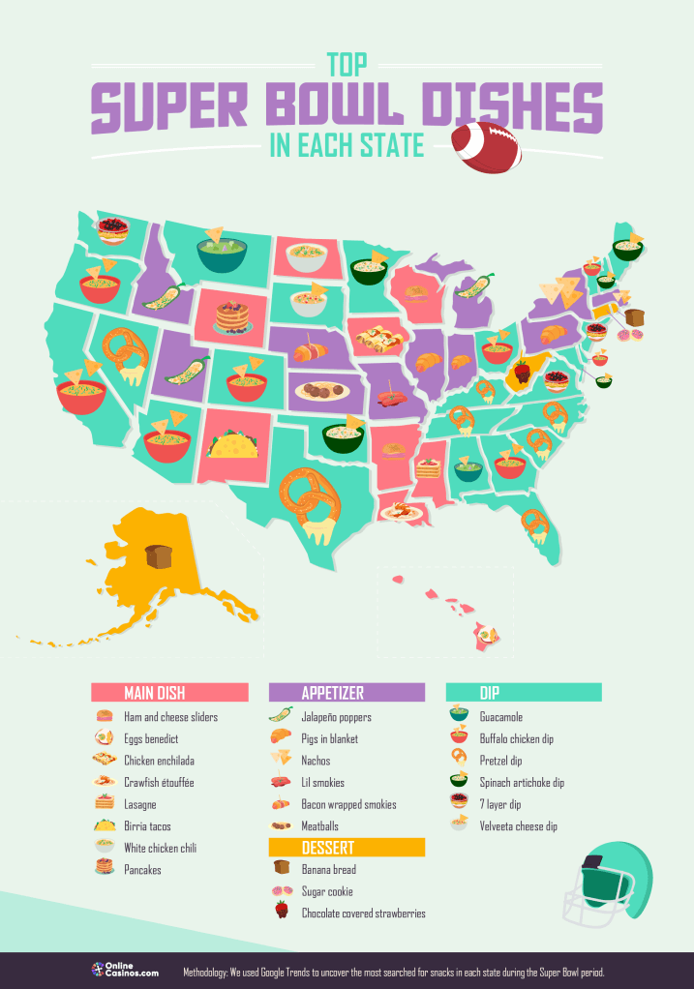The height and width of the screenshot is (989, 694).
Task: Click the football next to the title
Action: (x=486, y=146)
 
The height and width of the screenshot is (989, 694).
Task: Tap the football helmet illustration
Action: (x=609, y=884)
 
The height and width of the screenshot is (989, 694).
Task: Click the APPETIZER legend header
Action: (x=347, y=693)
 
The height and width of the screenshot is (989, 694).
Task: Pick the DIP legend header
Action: (x=524, y=693)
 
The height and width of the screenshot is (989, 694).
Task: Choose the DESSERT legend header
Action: (x=347, y=848)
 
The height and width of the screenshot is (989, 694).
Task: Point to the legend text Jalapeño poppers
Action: (x=336, y=717)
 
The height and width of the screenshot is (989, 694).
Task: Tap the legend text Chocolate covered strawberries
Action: (x=363, y=913)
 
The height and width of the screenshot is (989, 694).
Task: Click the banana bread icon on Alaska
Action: (x=158, y=557)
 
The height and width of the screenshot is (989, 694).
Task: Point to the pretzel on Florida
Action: (x=535, y=524)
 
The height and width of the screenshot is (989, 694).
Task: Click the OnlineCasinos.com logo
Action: (x=125, y=971)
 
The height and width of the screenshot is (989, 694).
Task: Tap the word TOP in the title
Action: (x=346, y=65)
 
